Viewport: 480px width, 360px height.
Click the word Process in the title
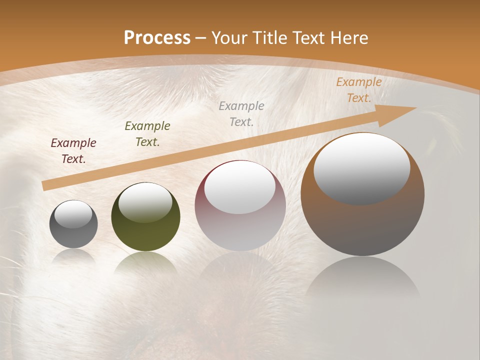pos(157,38)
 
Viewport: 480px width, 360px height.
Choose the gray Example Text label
pos(241,113)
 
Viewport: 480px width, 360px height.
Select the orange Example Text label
pos(358,90)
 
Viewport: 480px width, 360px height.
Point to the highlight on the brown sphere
pos(362,167)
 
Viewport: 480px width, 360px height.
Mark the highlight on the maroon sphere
pos(240,187)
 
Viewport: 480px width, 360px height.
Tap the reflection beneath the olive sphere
pos(145,262)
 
